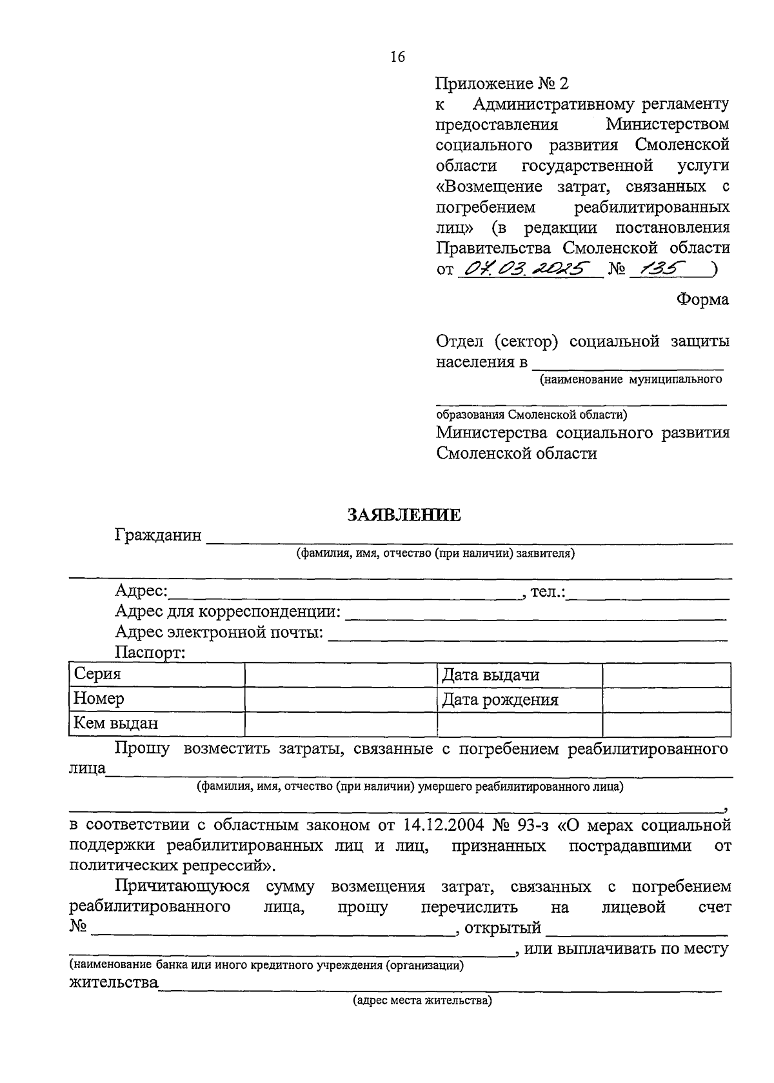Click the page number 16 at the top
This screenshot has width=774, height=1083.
click(397, 57)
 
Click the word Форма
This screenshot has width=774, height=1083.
click(702, 299)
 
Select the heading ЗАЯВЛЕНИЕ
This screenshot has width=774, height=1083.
click(404, 515)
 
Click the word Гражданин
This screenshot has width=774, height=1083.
click(158, 535)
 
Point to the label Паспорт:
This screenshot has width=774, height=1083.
click(150, 653)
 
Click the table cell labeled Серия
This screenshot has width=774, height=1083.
click(156, 675)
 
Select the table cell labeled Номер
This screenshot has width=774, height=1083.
click(156, 699)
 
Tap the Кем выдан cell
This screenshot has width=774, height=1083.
click(156, 723)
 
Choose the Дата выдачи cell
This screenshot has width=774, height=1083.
click(519, 675)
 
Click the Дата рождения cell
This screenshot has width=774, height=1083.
click(519, 700)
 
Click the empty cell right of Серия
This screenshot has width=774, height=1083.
click(341, 675)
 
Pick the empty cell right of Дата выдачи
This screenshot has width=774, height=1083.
click(666, 675)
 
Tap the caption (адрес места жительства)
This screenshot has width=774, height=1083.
click(422, 1001)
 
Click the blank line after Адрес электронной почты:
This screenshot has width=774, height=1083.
click(528, 635)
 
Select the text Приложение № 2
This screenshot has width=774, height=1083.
click(503, 83)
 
